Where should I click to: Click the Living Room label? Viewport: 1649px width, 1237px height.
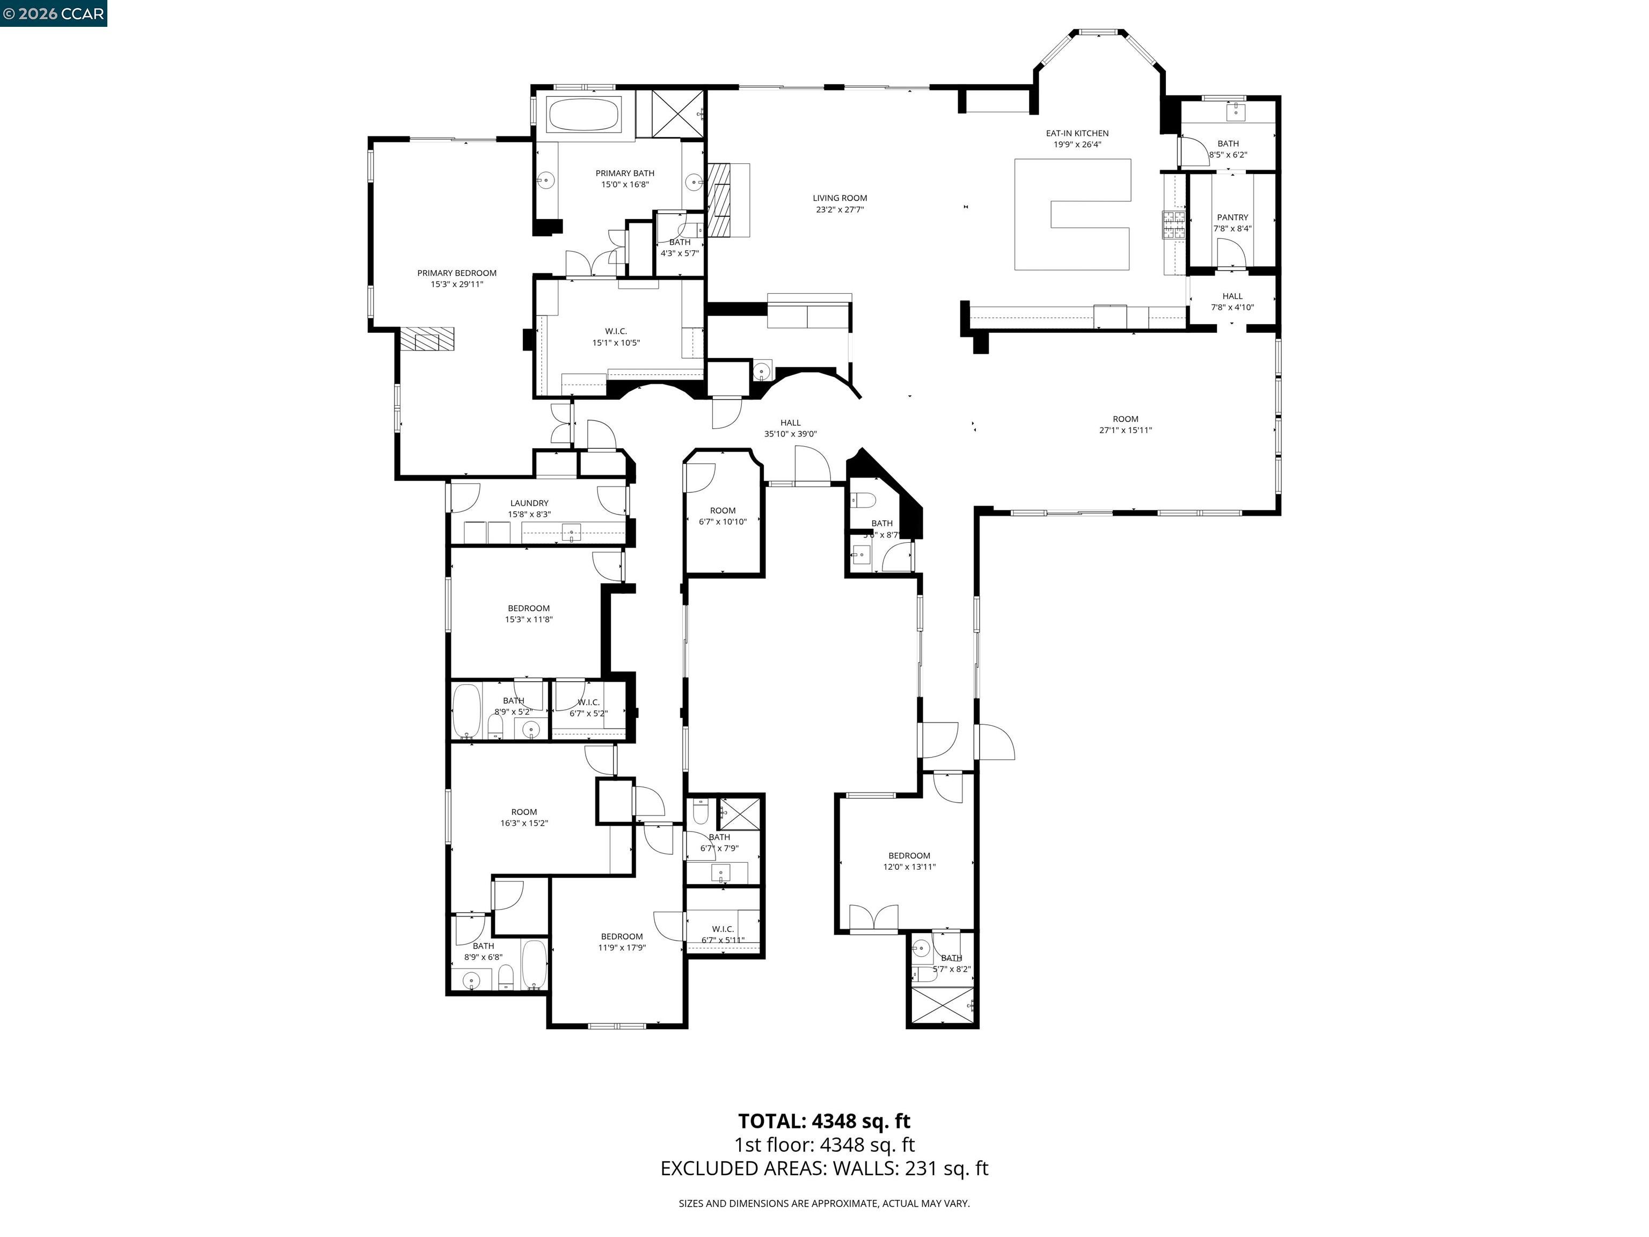[x=840, y=203]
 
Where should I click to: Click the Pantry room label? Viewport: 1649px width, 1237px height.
[x=1232, y=222]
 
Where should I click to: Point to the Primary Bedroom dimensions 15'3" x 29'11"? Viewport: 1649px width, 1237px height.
[x=456, y=284]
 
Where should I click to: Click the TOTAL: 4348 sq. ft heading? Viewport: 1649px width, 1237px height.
[x=824, y=1120]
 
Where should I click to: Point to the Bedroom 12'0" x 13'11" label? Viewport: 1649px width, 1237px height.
[x=909, y=861]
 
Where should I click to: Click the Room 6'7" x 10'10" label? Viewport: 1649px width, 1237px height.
[x=723, y=516]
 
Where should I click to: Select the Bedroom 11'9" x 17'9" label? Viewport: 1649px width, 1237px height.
[x=622, y=942]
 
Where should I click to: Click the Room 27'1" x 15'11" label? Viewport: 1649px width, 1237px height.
[x=1125, y=424]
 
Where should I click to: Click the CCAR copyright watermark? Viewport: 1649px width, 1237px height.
[x=53, y=13]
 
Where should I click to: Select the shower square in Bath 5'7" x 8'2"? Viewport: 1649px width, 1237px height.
[x=944, y=1007]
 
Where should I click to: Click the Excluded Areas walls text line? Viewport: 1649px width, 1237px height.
[x=824, y=1168]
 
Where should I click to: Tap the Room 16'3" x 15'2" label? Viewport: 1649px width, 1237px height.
[x=524, y=817]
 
